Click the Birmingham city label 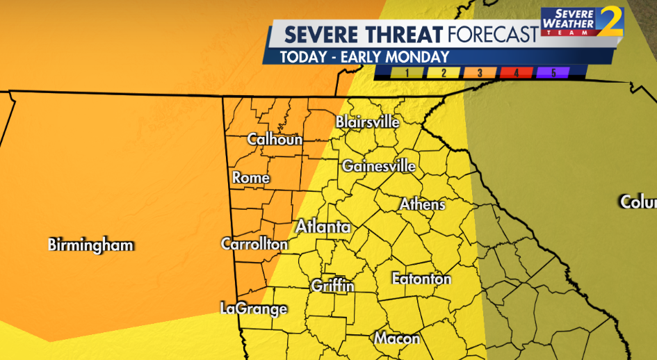90,245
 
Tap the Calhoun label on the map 275,140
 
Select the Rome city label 251,179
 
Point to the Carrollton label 254,245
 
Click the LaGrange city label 253,309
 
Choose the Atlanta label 323,227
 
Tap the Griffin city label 332,286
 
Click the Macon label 397,339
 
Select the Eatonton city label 421,279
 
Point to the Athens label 422,205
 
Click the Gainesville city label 378,167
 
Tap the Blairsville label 367,122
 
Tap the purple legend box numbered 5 553,72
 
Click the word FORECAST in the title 493,34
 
